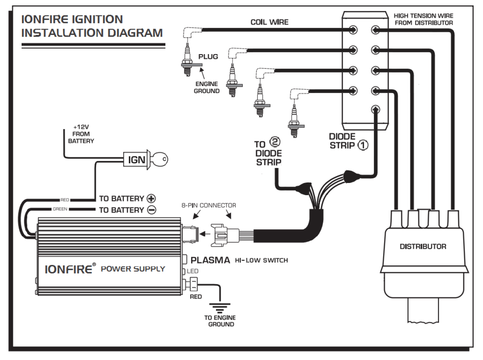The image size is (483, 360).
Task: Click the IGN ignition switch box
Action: click(x=137, y=159)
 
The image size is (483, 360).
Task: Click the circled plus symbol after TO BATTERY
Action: click(x=151, y=198)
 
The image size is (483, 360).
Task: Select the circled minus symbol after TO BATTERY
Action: click(x=152, y=210)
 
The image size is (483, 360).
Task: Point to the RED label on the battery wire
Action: click(x=65, y=200)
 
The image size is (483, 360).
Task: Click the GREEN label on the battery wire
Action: click(x=60, y=209)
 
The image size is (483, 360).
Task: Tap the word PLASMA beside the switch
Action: click(x=210, y=260)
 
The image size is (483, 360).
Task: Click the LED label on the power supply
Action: click(x=192, y=271)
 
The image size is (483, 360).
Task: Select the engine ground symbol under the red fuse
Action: click(x=220, y=308)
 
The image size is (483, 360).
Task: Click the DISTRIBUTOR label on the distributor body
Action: click(x=423, y=246)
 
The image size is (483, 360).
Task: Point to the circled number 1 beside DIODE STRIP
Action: click(x=363, y=145)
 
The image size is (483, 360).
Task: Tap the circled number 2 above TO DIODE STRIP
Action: click(x=275, y=142)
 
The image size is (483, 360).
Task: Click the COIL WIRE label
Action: click(x=269, y=22)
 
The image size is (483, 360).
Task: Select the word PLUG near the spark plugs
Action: click(x=208, y=57)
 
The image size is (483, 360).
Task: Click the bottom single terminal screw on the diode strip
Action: click(x=375, y=109)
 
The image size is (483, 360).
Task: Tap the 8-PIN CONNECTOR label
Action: click(x=209, y=205)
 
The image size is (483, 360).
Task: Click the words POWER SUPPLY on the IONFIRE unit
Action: click(x=133, y=269)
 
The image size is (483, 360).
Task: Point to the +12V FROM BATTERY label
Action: click(x=81, y=134)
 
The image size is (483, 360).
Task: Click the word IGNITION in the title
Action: click(x=97, y=19)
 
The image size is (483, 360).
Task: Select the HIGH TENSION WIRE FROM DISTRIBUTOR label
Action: click(x=424, y=19)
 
